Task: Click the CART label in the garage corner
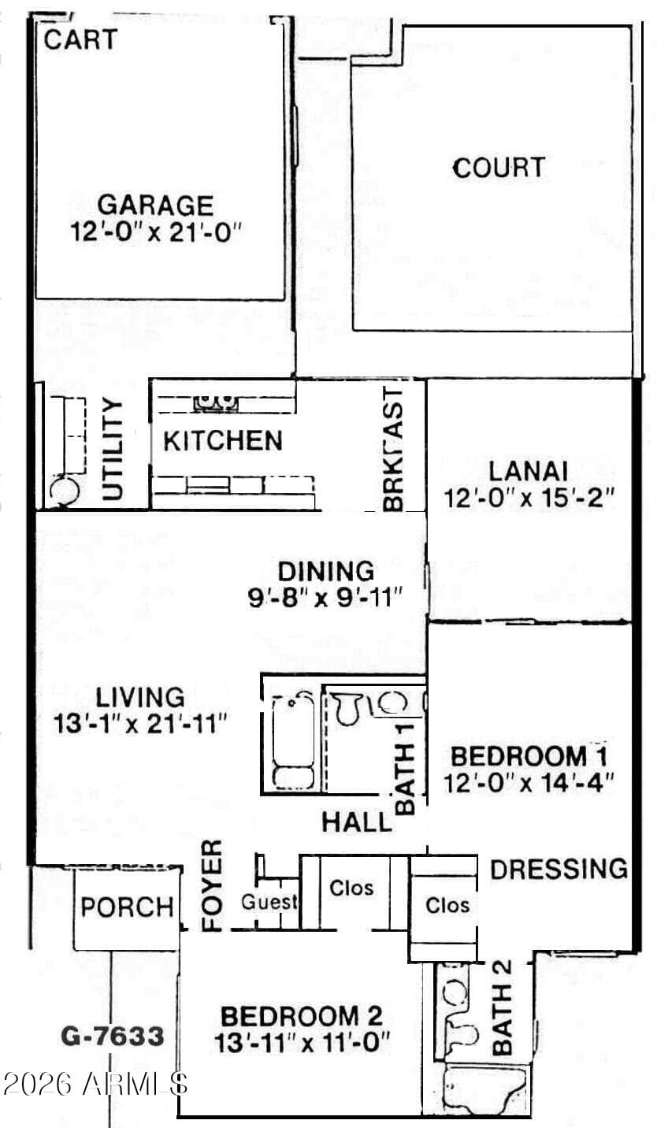(x=80, y=40)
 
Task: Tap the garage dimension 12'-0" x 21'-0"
(x=155, y=232)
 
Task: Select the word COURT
(x=499, y=169)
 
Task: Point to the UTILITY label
(x=113, y=449)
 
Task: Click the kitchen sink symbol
(x=216, y=401)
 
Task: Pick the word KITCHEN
(x=223, y=441)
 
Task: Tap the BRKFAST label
(x=393, y=449)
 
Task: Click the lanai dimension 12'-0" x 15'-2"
(x=529, y=498)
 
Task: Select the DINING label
(x=326, y=572)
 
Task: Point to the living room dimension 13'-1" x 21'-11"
(x=139, y=724)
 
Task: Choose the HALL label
(x=357, y=822)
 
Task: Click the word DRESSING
(x=559, y=869)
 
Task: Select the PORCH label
(x=128, y=907)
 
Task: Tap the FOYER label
(x=213, y=885)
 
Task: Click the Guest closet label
(x=269, y=902)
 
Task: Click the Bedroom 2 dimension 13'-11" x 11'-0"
(x=303, y=1044)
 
